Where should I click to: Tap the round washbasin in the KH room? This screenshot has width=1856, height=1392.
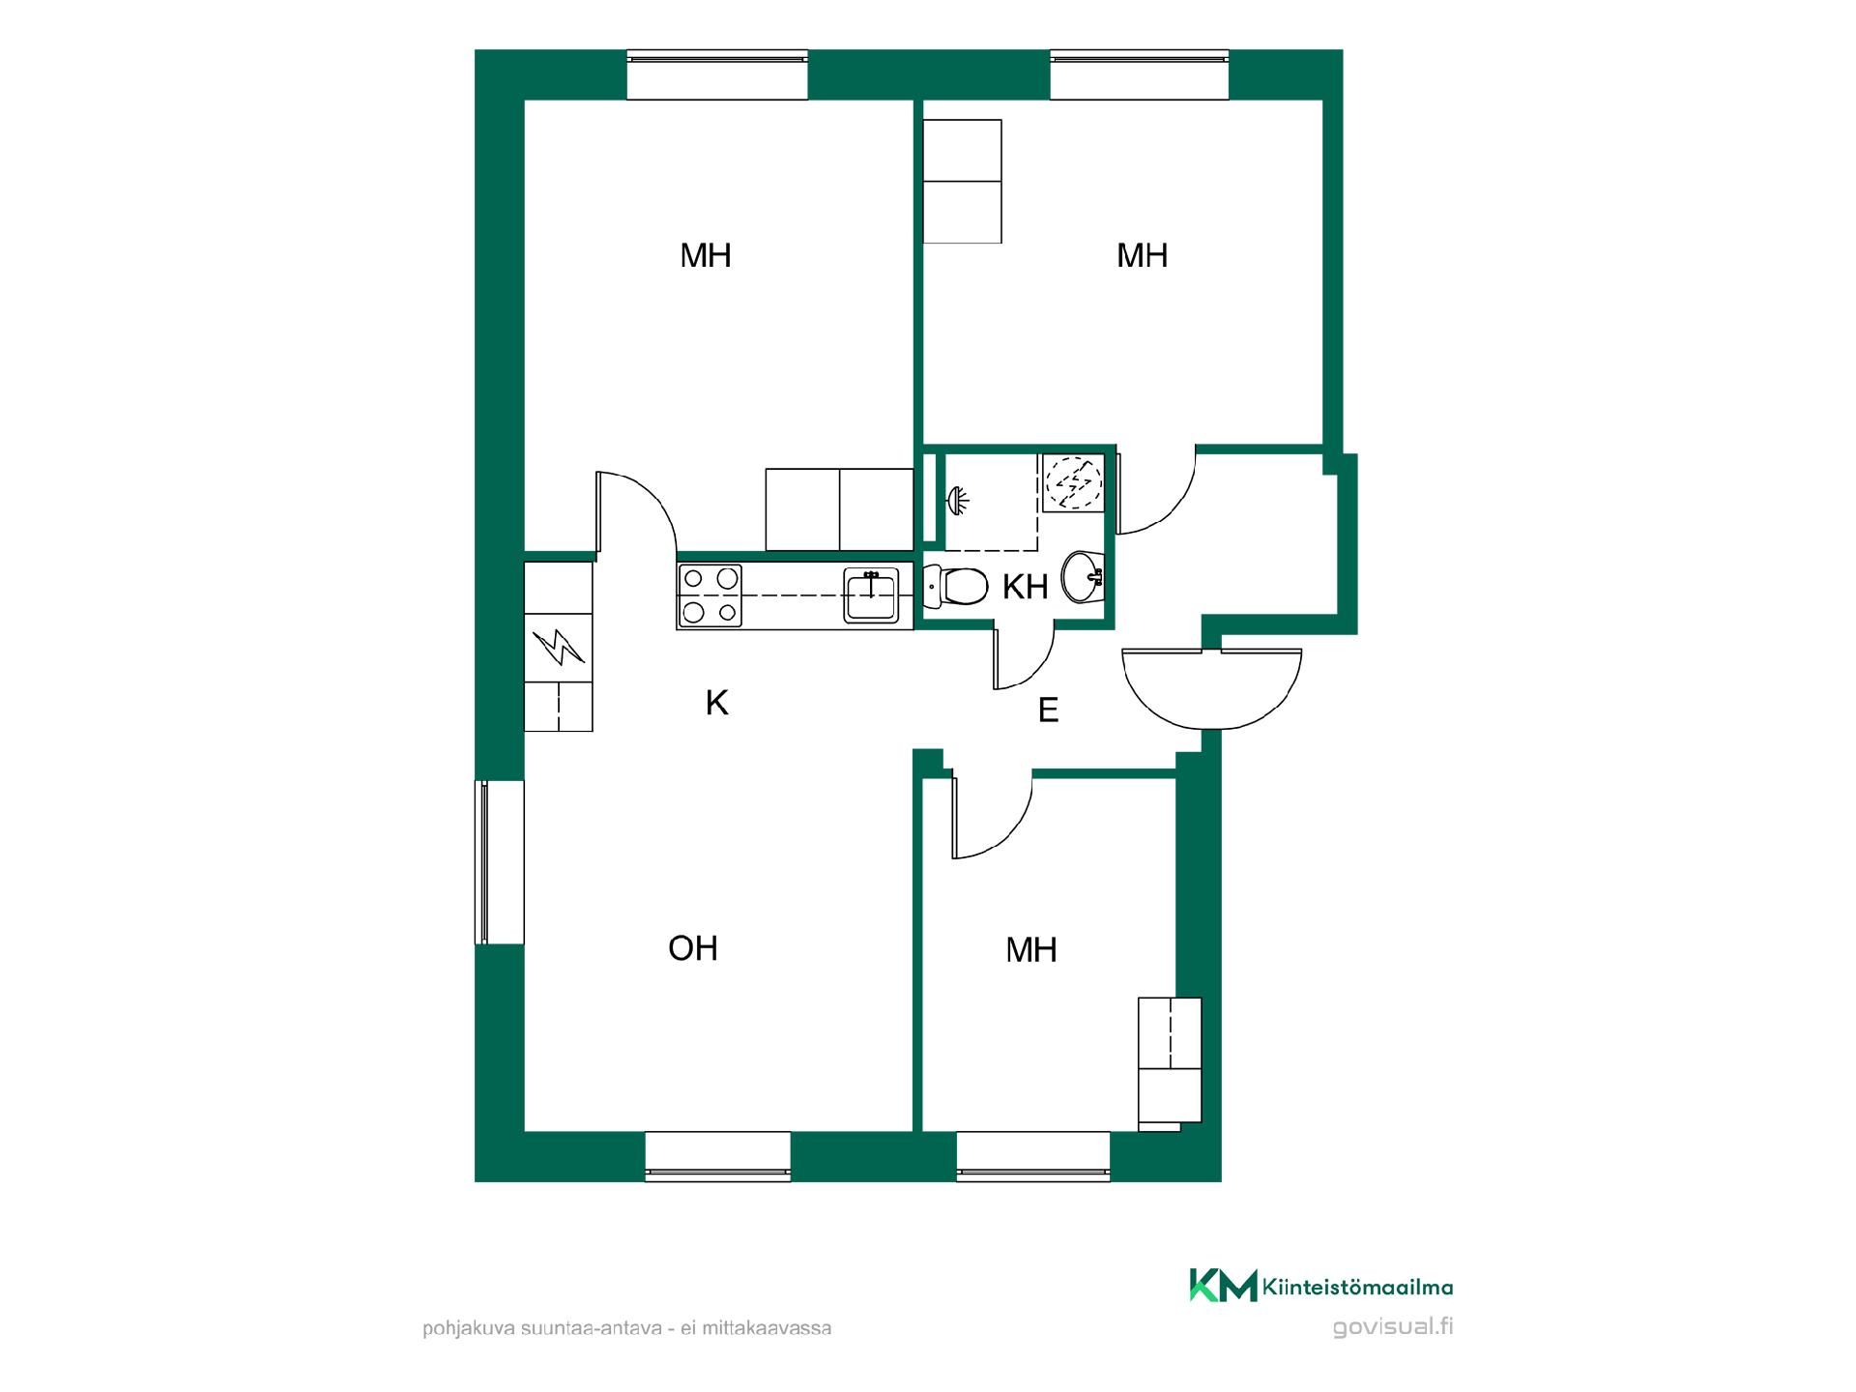pos(1083,577)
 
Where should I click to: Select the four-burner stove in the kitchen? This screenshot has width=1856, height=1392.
pos(710,594)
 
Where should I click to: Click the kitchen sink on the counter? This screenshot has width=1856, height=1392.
pos(871,594)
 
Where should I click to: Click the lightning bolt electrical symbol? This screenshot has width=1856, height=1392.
pos(559,648)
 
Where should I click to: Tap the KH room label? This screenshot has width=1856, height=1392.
pos(1026,587)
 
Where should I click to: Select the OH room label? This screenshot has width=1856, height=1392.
pos(693,948)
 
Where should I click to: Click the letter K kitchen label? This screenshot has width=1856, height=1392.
pos(716,703)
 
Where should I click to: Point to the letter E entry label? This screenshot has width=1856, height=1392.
pos(1048,710)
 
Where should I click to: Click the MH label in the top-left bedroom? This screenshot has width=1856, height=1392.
pos(706,255)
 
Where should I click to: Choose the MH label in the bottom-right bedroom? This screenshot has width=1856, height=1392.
pos(1031,950)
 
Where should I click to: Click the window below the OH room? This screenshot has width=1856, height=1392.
pos(717,1156)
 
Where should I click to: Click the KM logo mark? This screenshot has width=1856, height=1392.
pos(1223,1286)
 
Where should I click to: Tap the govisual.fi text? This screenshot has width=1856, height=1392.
pos(1392,1326)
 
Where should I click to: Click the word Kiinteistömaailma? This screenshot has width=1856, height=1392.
pos(1357,1287)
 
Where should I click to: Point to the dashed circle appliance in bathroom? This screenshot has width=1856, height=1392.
pos(1073,480)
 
